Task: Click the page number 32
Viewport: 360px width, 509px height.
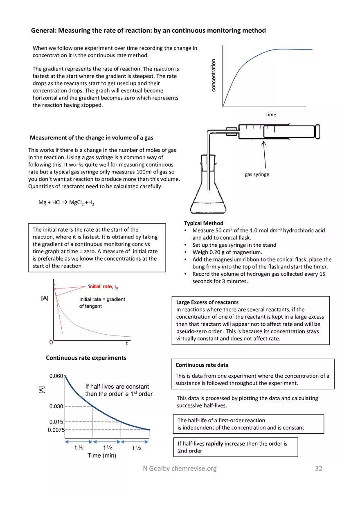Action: (318, 468)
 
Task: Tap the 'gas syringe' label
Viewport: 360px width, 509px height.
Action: (257, 175)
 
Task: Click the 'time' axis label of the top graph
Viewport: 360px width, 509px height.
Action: (271, 115)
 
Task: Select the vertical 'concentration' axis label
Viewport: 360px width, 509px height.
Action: (213, 75)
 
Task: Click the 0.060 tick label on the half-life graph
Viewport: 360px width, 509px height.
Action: (56, 376)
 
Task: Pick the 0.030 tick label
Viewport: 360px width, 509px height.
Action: (56, 406)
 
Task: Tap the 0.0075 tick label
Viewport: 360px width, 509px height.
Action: (56, 430)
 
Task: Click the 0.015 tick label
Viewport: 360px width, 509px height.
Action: (56, 422)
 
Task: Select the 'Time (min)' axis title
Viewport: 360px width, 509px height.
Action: (102, 456)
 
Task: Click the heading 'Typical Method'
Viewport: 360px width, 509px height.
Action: (204, 223)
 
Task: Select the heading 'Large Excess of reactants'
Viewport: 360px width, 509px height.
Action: (207, 302)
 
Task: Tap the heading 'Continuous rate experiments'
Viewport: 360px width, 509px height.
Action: (86, 358)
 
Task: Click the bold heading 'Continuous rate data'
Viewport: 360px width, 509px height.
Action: (202, 365)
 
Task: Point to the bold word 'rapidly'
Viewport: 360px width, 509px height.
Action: (214, 444)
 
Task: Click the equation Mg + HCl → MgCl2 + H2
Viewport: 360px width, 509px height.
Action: (66, 203)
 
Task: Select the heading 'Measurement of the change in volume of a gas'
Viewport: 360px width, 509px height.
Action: (92, 137)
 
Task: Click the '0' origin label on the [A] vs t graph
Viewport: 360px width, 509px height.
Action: (50, 342)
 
